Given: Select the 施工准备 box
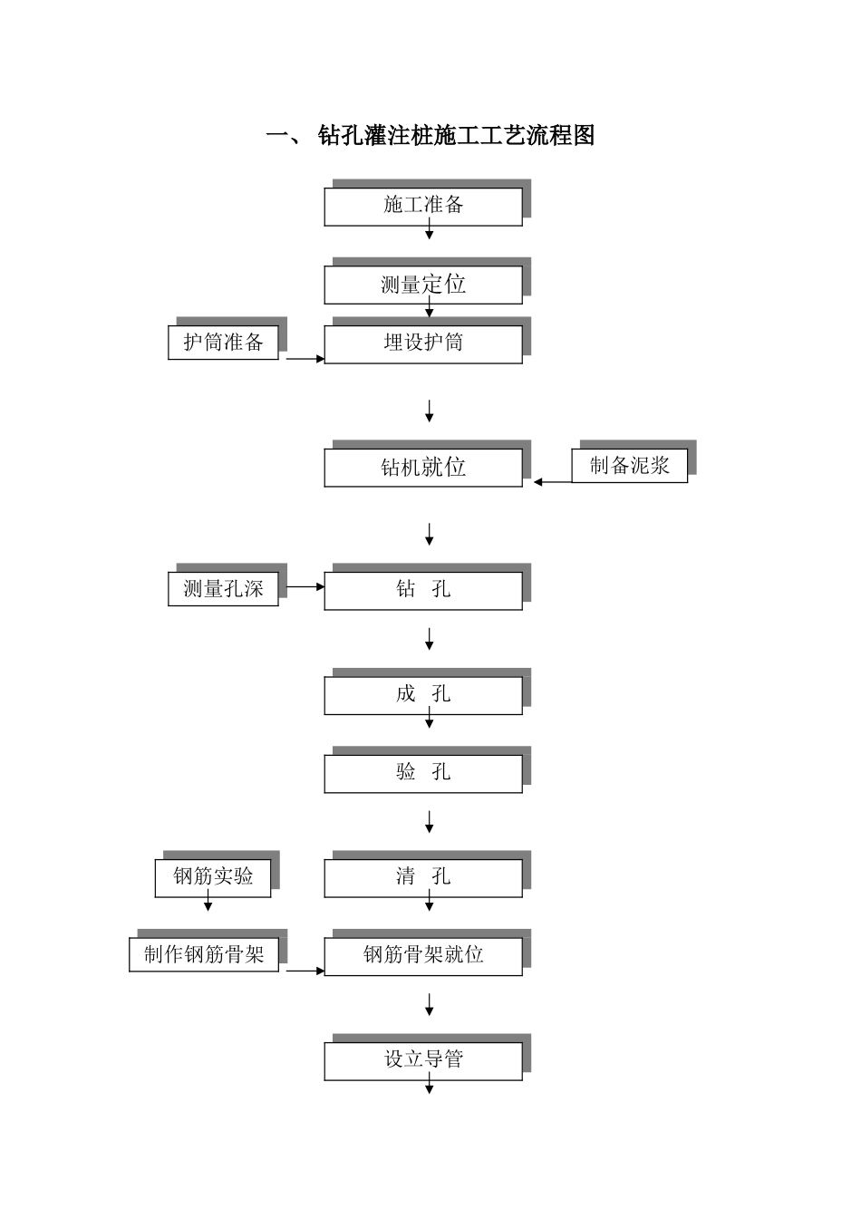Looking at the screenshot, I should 423,207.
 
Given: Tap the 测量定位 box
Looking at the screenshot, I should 423,285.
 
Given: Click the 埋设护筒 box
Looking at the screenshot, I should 423,344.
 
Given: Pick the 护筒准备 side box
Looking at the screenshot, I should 223,343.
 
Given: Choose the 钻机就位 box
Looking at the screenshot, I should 423,468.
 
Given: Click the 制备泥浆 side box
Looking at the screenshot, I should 629,466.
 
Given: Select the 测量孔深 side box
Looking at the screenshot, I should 223,589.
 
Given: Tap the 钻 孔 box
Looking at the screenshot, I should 423,590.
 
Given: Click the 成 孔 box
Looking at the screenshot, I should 423,695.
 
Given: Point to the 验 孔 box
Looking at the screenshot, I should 423,773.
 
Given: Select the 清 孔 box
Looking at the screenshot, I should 423,877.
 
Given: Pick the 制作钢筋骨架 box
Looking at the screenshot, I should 204,954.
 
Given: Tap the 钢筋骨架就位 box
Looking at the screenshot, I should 423,955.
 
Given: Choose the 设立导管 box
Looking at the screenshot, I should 423,1059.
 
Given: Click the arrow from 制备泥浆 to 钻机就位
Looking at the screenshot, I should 553,482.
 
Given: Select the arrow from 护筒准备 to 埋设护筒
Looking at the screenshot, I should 305,359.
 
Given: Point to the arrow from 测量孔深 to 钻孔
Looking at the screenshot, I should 305,586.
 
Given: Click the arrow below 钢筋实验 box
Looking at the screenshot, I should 208,904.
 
